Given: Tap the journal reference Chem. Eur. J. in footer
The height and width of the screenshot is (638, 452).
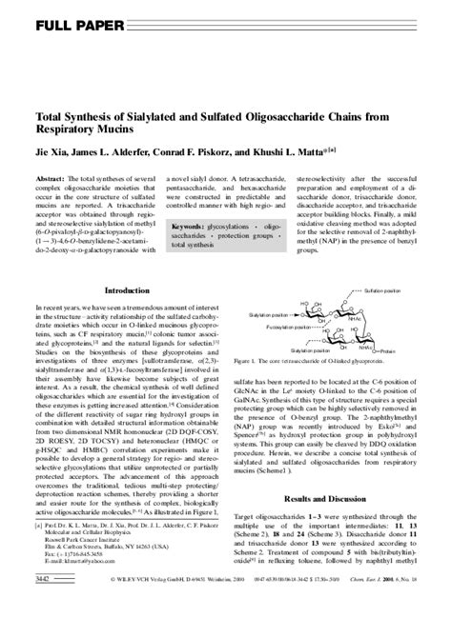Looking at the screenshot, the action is click(395, 630).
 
